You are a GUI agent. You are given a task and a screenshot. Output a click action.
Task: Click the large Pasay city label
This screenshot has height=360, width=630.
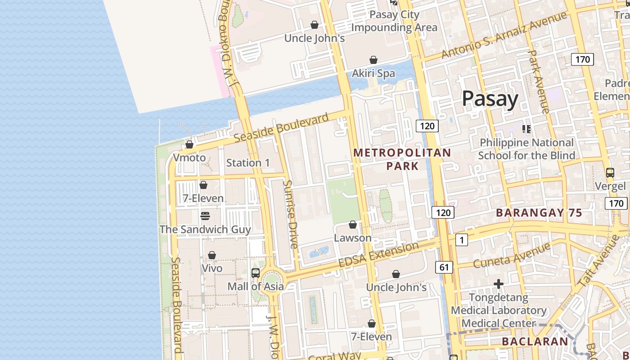tap(490, 99)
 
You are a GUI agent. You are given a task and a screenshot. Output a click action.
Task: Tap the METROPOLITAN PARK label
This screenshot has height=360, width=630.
tap(402, 159)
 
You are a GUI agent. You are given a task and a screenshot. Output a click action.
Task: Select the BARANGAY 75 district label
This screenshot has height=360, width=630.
tap(539, 213)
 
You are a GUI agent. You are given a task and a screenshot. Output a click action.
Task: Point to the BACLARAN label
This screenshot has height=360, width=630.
tap(535, 342)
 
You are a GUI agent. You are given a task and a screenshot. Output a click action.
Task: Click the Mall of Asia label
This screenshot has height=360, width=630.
tap(256, 286)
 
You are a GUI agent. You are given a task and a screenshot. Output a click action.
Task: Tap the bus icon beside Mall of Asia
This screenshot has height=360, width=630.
tap(256, 273)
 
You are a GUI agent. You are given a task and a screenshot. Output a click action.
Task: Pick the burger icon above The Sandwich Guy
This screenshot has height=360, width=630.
tap(205, 216)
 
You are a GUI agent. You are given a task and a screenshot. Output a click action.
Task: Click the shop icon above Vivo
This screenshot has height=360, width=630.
tap(212, 255)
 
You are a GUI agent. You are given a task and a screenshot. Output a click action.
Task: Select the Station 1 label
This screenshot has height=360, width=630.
tap(248, 163)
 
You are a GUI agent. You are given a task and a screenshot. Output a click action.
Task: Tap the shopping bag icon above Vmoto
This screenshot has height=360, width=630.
tap(189, 144)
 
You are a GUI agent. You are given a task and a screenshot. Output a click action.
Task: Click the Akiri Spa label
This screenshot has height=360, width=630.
tap(373, 73)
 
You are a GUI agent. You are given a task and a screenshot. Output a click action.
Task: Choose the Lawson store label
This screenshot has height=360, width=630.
tap(353, 238)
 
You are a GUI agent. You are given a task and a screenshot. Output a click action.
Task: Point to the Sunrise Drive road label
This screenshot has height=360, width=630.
tap(291, 214)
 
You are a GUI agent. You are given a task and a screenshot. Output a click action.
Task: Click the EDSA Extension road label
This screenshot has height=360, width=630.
tap(378, 256)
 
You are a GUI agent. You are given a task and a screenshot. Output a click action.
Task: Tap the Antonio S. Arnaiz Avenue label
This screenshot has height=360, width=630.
tap(504, 35)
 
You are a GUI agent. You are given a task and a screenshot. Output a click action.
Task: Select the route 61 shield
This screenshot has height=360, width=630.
tap(444, 267)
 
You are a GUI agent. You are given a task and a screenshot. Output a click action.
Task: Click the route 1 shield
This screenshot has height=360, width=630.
tap(461, 240)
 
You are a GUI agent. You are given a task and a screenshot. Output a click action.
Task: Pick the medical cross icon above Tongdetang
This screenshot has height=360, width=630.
tap(498, 284)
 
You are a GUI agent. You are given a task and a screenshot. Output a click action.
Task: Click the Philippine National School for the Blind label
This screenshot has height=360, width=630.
tap(526, 149)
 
